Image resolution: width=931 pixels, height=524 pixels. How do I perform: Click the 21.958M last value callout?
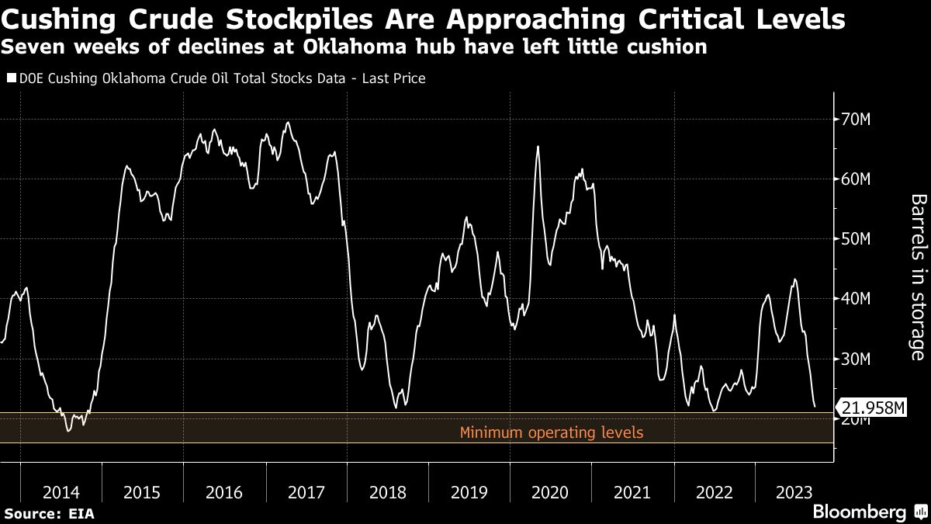pos(872,408)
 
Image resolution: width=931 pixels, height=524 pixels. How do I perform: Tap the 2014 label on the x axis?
pos(61,492)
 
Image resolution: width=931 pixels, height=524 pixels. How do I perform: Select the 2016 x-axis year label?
pos(224,492)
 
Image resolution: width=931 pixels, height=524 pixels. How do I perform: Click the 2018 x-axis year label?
pos(387,492)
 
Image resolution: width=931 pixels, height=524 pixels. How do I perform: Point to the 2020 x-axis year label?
pos(551,492)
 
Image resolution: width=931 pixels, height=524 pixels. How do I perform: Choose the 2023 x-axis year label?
pos(794,492)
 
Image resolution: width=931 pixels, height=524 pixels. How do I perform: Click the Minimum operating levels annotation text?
pos(552,432)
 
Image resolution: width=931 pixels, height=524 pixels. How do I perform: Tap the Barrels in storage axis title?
pos(919,277)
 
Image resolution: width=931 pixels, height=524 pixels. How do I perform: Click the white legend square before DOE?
pos(10,78)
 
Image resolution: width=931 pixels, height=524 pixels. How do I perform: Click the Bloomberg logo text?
pos(859,512)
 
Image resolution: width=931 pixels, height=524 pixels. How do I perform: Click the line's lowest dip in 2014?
pos(68,430)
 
